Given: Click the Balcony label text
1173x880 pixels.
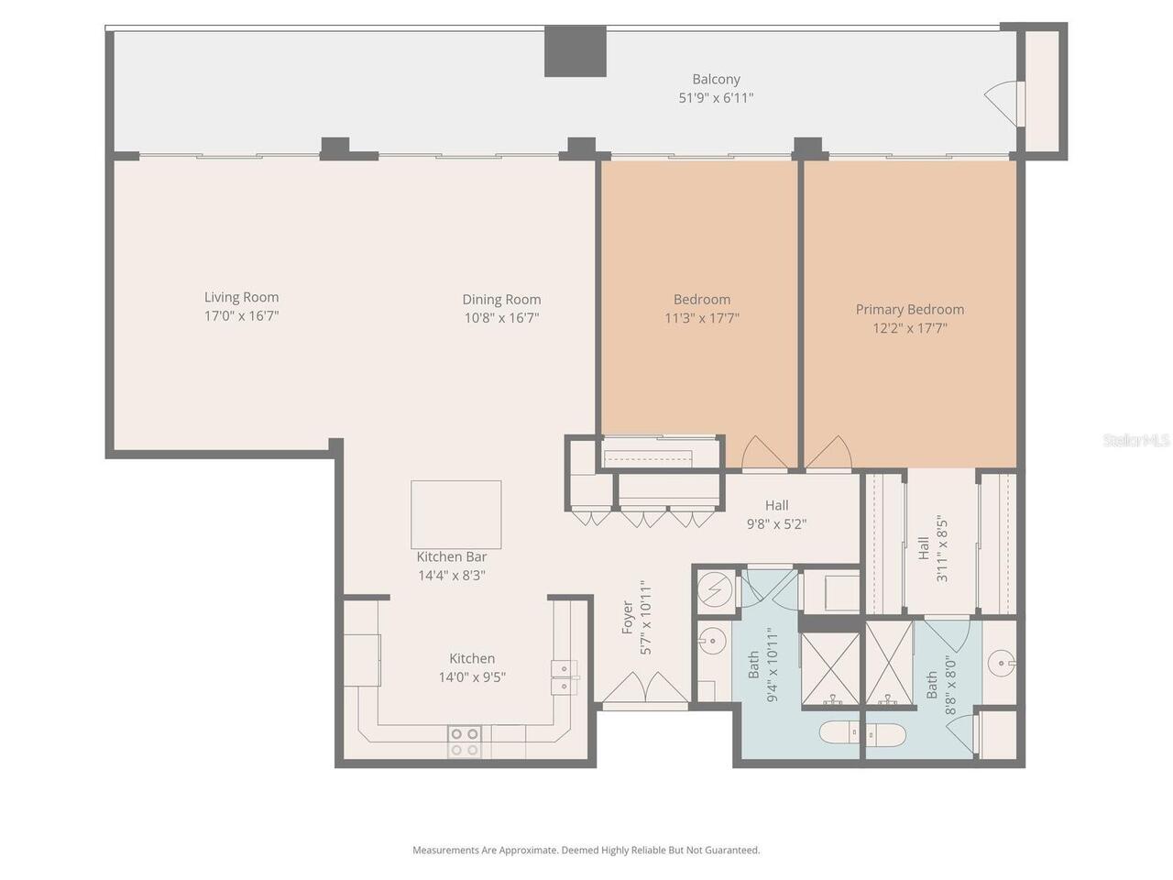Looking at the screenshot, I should (716, 80).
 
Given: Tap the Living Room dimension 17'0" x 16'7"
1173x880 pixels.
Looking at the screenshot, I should (241, 316).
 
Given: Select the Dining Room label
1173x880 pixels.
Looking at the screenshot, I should (501, 300).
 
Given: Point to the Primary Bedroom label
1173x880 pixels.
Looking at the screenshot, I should (909, 310).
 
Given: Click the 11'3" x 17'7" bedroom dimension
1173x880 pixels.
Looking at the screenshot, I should (701, 319).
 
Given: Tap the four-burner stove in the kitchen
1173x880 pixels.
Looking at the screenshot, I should (465, 742).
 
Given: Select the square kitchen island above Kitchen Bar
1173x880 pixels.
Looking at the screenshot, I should (455, 514).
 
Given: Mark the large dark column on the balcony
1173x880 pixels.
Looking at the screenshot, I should (576, 51).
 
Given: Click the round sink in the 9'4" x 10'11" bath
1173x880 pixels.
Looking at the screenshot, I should (712, 639).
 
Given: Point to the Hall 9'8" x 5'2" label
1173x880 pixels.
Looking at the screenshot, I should (776, 515).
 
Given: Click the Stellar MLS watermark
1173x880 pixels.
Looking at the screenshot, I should (1136, 441).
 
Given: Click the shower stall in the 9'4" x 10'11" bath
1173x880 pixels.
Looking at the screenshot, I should (829, 670).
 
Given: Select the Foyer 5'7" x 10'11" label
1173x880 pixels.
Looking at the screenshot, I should (636, 617).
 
